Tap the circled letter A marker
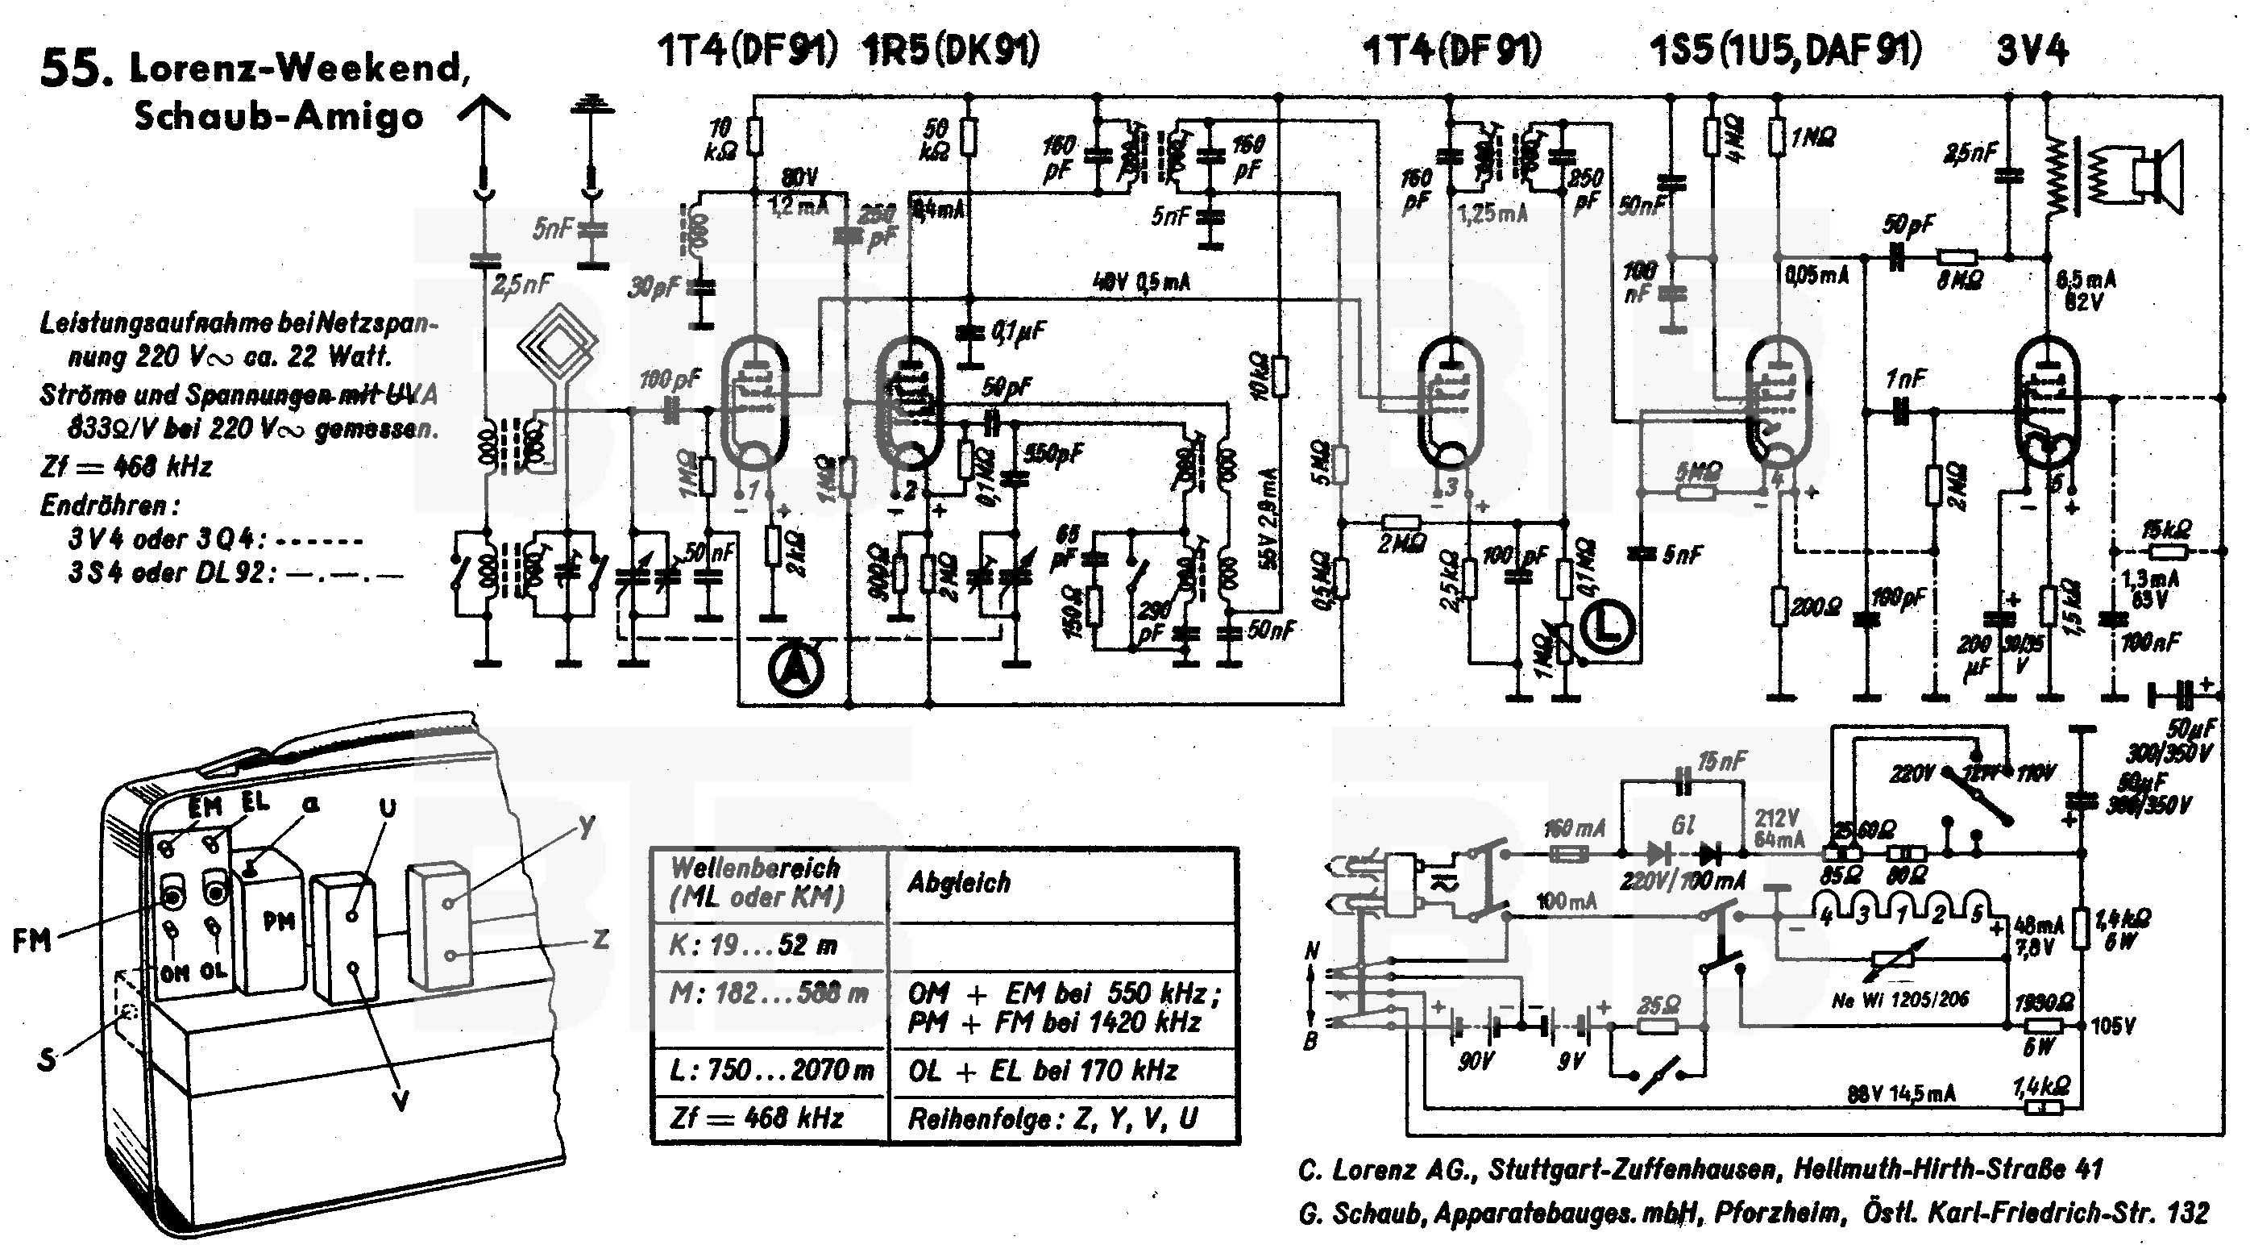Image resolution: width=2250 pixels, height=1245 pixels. click(795, 669)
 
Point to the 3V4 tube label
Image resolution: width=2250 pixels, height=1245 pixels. click(2032, 51)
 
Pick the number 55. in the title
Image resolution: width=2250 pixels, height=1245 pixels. click(77, 69)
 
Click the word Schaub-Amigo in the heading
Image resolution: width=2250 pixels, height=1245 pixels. click(279, 116)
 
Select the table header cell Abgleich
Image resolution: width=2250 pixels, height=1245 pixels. click(958, 882)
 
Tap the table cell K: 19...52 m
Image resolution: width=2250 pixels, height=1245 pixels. click(753, 945)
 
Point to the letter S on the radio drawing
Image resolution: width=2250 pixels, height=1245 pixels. click(46, 1060)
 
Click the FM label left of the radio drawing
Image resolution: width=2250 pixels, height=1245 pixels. click(31, 941)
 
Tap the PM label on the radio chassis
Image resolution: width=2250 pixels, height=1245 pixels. click(279, 921)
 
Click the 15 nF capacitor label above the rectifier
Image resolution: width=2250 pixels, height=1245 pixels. click(1721, 762)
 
